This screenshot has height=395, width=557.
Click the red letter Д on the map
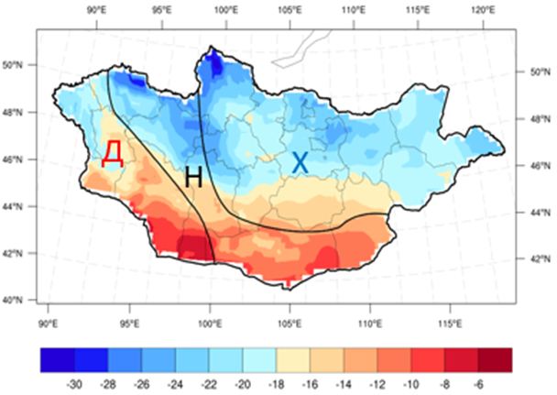112,153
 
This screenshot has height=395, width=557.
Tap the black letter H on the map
192,177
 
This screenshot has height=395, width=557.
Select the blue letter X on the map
300,163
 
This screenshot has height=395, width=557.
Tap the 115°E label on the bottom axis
453,324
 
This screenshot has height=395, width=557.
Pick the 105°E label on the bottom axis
290,324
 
